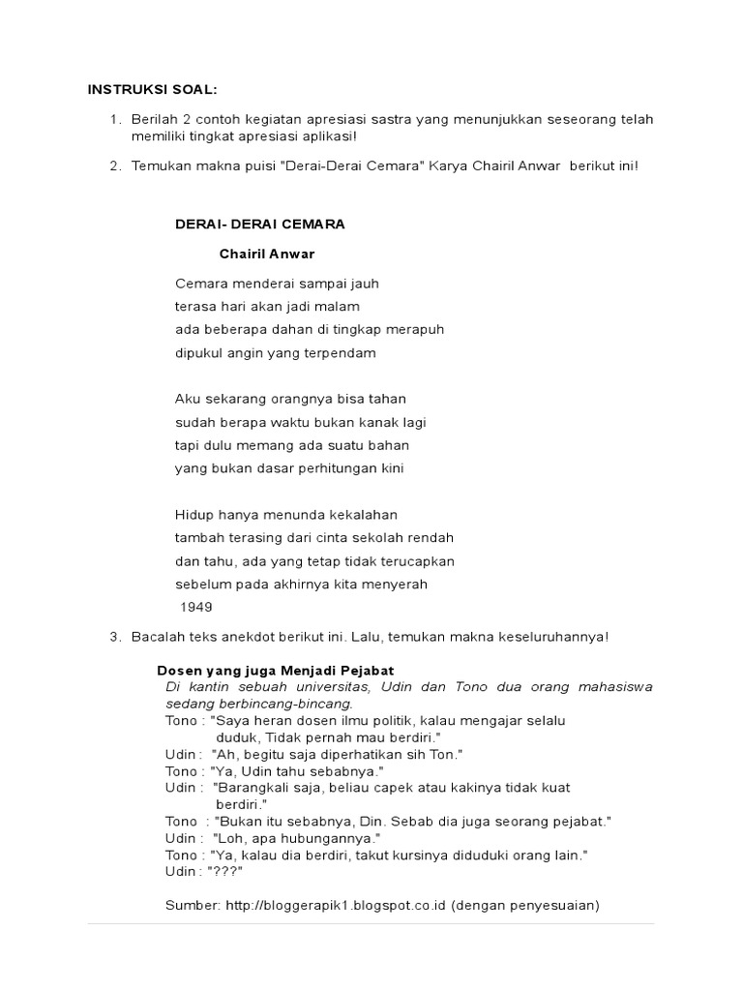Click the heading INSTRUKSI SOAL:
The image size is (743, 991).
153,90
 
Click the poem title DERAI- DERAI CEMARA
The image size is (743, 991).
259,224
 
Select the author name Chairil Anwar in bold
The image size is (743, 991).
267,254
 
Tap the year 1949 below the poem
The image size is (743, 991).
196,607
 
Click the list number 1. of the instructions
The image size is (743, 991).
115,119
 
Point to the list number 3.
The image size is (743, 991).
115,636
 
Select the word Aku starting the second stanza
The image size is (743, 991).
186,399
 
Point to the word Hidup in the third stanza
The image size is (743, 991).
193,515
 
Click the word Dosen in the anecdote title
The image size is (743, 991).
178,670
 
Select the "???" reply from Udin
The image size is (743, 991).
224,871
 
